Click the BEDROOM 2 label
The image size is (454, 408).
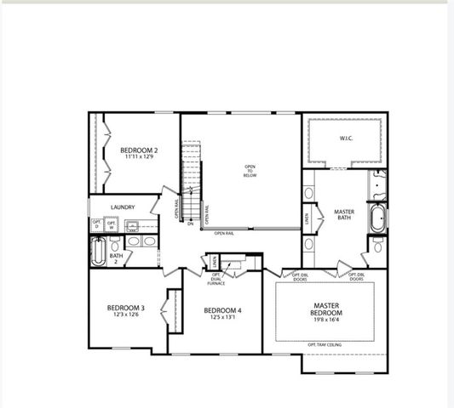pyautogui.click(x=139, y=150)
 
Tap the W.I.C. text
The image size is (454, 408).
pyautogui.click(x=346, y=137)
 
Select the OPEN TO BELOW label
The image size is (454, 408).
pyautogui.click(x=250, y=170)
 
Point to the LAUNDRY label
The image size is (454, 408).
pyautogui.click(x=124, y=207)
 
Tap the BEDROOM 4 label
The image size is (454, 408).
pyautogui.click(x=222, y=311)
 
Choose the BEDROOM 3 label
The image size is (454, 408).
pyautogui.click(x=125, y=308)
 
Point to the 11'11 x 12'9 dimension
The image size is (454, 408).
pyautogui.click(x=139, y=157)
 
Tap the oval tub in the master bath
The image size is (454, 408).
pyautogui.click(x=376, y=218)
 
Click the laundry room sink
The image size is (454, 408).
pyautogui.click(x=133, y=226)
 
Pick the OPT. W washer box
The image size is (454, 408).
pyautogui.click(x=112, y=225)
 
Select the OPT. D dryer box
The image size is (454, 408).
pyautogui.click(x=97, y=225)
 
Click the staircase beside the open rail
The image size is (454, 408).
pyautogui.click(x=193, y=178)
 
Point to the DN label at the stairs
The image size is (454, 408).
pyautogui.click(x=191, y=224)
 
